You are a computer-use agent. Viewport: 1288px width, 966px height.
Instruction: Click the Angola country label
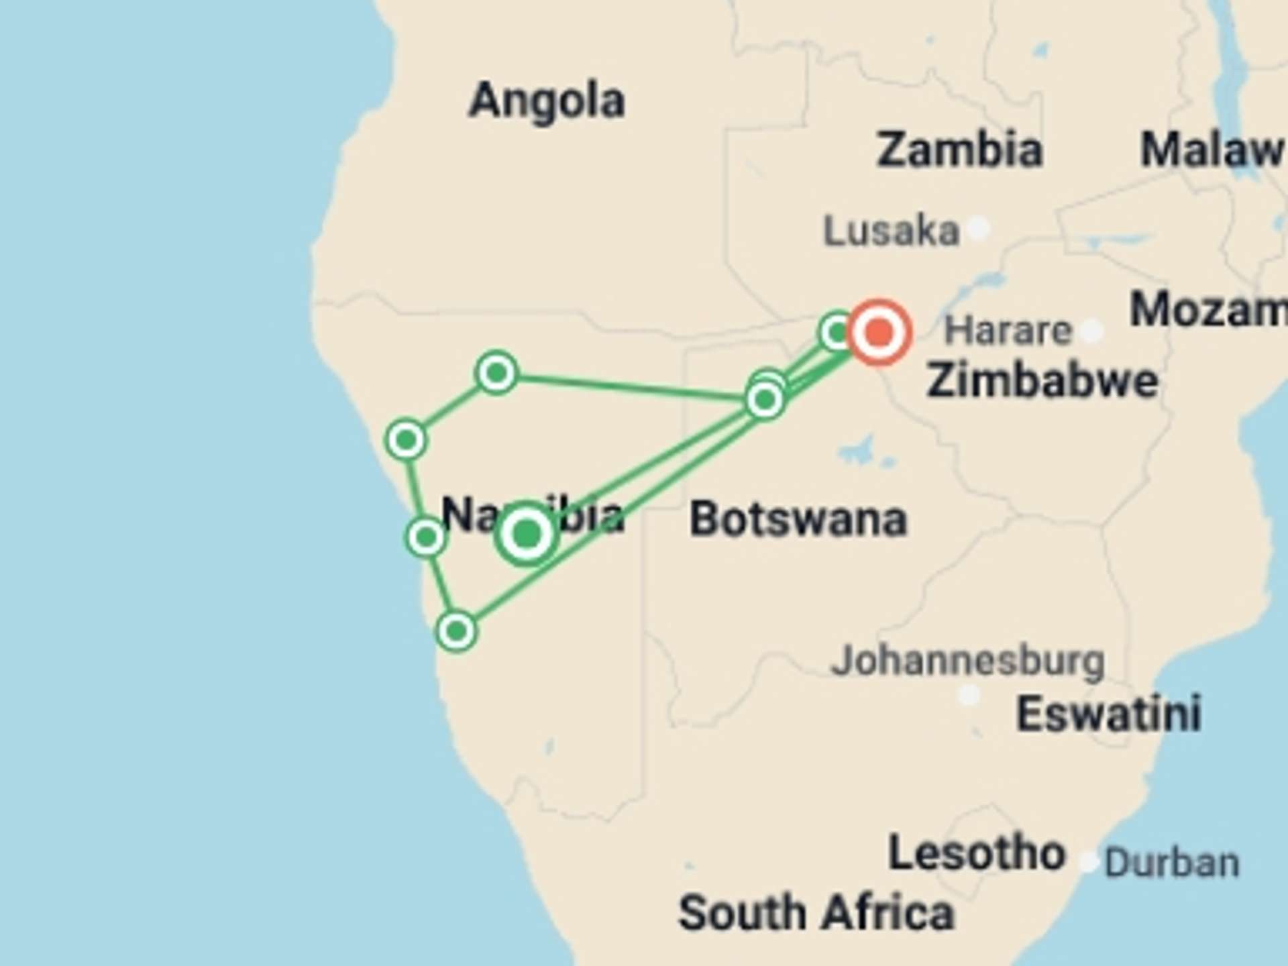547,101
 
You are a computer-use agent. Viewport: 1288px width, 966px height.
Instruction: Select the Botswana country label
798,519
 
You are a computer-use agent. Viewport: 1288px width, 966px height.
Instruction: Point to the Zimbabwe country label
1042,380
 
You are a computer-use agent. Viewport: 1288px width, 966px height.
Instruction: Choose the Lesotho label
977,853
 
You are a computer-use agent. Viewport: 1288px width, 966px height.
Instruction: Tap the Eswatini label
1108,713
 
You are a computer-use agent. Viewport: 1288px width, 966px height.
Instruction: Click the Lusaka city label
891,231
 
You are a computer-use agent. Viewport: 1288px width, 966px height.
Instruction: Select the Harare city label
1008,330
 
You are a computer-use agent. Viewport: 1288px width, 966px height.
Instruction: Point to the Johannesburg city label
967,661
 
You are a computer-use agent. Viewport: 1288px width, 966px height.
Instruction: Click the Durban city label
1171,863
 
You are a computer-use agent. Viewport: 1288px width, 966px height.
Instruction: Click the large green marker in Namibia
527,535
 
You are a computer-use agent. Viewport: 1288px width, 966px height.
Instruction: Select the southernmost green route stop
456,631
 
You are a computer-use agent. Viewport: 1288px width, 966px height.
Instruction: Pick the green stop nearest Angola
496,372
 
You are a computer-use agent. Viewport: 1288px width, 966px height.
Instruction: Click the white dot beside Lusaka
979,228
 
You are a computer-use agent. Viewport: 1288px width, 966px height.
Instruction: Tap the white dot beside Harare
1092,330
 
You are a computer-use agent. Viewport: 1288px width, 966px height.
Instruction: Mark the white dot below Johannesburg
969,695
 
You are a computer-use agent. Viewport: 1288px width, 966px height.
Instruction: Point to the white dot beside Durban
1088,861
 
